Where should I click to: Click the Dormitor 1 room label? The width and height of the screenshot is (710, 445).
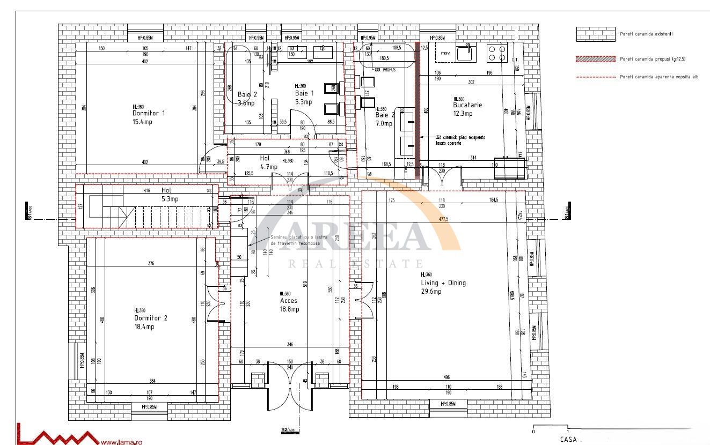click(149, 113)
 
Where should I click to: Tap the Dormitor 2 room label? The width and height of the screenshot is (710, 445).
click(151, 318)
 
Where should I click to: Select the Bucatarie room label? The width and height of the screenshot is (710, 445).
click(467, 105)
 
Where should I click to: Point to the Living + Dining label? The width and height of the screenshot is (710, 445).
click(443, 283)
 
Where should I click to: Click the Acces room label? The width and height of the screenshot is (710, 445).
click(289, 301)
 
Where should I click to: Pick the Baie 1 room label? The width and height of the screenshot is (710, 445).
click(304, 93)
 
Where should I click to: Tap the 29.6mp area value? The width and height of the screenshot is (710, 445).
click(431, 292)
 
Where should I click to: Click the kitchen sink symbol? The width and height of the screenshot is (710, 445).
click(465, 53)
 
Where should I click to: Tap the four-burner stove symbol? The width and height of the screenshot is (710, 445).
click(497, 53)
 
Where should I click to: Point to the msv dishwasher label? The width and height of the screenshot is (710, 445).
click(445, 53)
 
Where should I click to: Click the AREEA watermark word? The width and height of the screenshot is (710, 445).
click(343, 235)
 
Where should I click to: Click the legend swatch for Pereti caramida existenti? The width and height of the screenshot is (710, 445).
click(595, 34)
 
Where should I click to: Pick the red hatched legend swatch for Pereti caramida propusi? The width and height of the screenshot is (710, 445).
click(595, 59)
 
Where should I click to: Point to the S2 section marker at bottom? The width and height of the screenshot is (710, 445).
click(288, 430)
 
